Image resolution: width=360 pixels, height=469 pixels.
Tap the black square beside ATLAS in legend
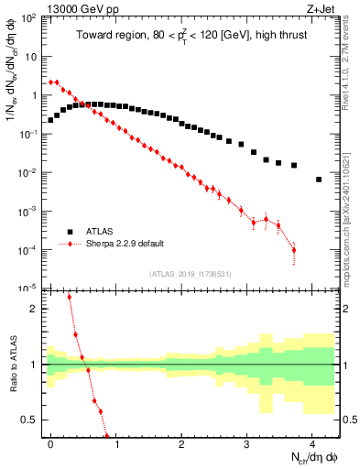[x=70, y=232]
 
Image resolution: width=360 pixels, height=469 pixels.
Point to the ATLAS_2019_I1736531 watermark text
[x=190, y=274]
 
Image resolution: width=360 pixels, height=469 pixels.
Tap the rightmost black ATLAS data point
[x=319, y=180]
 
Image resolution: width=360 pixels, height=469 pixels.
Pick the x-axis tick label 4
[x=312, y=443]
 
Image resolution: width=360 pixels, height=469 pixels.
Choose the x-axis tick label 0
[x=50, y=443]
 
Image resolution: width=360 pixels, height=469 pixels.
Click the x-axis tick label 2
[x=181, y=443]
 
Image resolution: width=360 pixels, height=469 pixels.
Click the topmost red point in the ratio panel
[x=69, y=297]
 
